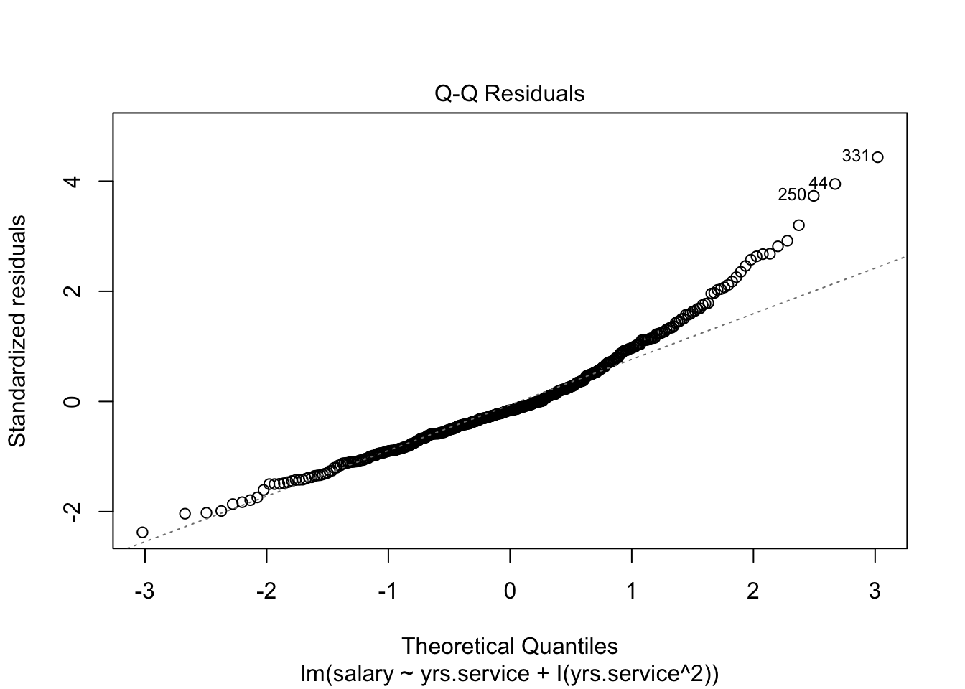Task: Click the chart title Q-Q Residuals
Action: [x=510, y=94]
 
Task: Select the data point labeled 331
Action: [x=877, y=157]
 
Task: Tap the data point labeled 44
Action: [x=835, y=184]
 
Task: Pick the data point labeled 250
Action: [x=814, y=196]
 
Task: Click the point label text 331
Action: [x=856, y=156]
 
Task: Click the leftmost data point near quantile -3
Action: [x=142, y=532]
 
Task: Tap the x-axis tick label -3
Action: [x=144, y=591]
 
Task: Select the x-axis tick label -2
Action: [x=266, y=591]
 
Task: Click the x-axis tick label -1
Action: [x=388, y=591]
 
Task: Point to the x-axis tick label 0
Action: [x=510, y=591]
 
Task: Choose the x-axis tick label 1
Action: [x=632, y=591]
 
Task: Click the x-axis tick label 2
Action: [x=753, y=591]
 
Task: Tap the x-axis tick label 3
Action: [x=875, y=591]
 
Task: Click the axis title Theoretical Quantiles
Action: [x=510, y=646]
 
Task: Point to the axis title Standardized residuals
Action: [x=17, y=330]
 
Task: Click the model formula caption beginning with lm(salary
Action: [x=510, y=674]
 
